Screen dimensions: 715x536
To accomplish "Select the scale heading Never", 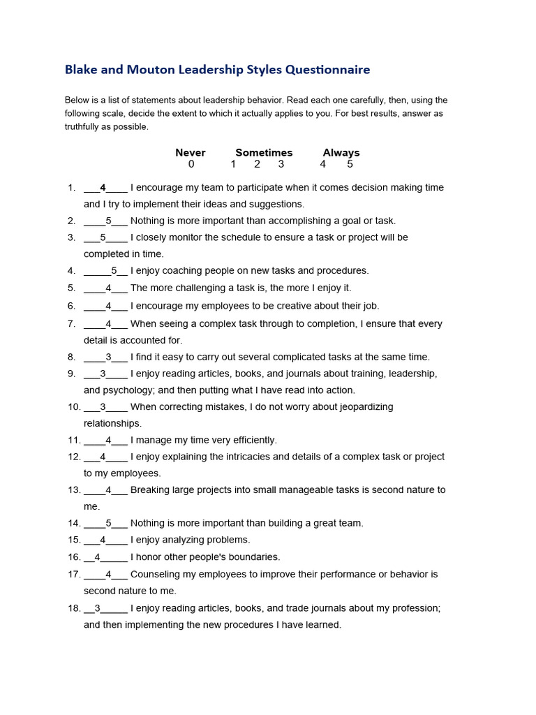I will (191, 153).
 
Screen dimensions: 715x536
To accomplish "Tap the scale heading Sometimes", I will (264, 153).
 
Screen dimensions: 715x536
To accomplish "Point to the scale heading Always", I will (341, 153).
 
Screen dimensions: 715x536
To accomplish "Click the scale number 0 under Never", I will (191, 165).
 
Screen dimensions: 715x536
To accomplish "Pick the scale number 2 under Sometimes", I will (257, 165).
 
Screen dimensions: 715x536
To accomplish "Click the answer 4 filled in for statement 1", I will (103, 188).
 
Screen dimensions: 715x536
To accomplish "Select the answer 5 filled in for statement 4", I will (114, 271).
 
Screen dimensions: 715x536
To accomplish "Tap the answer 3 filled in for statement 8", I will (108, 357).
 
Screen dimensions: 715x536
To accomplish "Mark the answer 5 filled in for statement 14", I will (108, 523).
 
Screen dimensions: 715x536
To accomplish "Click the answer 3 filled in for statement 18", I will (98, 608).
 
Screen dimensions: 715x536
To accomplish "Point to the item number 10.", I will (73, 407).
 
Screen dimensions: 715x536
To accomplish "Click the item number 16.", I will (73, 557).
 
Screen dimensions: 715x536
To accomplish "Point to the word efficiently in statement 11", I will (249, 441).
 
